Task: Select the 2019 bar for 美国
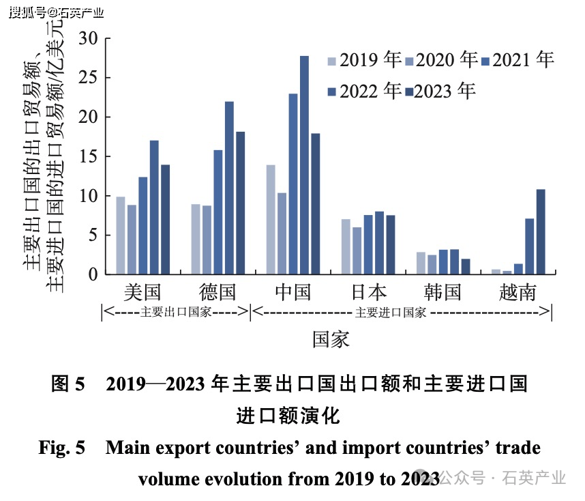(121, 235)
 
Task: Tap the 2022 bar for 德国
(229, 188)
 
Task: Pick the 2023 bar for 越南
(540, 232)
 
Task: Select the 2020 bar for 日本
(357, 250)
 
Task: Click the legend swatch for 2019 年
(332, 60)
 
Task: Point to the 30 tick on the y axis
(89, 38)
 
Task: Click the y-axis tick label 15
(89, 156)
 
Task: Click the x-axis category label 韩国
(443, 293)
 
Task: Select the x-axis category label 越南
(517, 293)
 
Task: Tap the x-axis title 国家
(331, 339)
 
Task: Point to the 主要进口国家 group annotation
(391, 313)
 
